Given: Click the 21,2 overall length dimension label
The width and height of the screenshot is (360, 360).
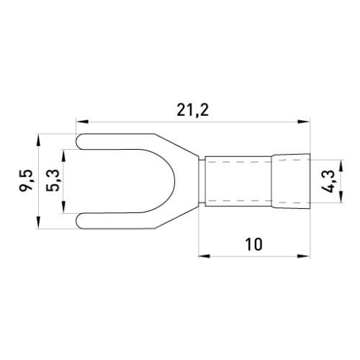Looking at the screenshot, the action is point(192,111).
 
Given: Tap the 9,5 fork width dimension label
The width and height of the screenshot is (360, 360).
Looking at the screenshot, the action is point(26,181).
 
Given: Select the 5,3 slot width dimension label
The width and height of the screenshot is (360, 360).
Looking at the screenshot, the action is point(53,181).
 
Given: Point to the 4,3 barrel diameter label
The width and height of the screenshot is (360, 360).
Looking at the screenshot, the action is point(328,181).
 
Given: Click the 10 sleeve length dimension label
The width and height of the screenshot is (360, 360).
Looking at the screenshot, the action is point(253,244).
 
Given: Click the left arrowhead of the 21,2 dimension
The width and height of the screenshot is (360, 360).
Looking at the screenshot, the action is point(81,122).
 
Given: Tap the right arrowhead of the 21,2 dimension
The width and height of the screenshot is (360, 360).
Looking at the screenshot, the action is point(304,122).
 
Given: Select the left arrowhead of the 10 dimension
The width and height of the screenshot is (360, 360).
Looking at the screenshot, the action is point(204,256).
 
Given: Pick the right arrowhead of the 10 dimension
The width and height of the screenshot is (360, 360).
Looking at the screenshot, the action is point(304,256).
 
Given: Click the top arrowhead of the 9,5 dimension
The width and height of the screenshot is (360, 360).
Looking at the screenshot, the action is point(38,140).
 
